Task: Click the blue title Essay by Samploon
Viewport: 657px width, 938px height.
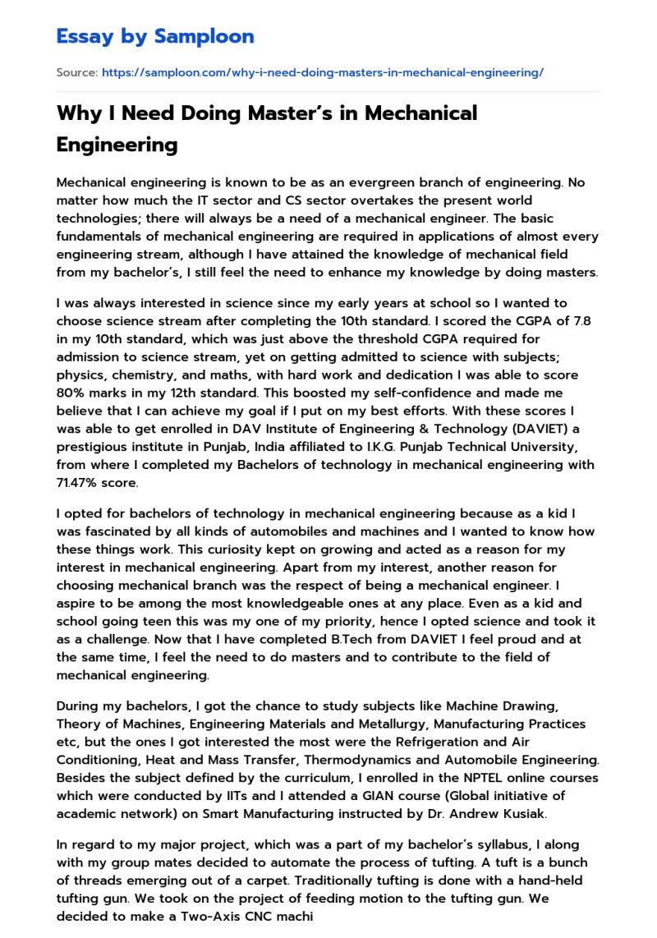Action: [155, 36]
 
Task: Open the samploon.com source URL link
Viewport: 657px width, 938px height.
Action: [322, 73]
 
